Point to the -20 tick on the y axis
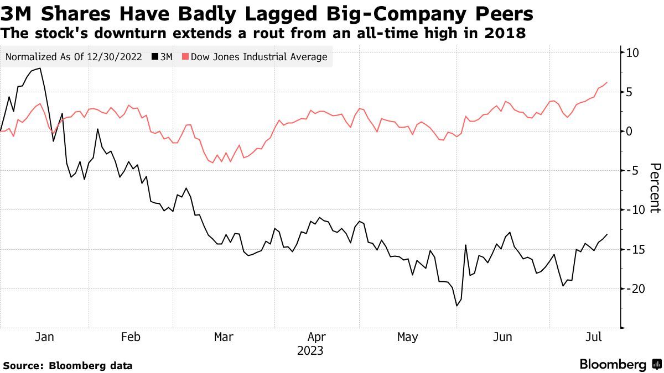pos(633,288)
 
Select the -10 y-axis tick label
pos(633,210)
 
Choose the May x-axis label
pos(408,337)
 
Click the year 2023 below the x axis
pos(310,351)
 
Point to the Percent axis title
pos(655,188)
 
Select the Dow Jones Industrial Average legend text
pos(259,57)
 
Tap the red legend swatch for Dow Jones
pos(186,57)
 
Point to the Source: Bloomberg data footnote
pos(68,365)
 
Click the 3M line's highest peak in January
pos(40,69)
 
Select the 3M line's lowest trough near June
pos(457,306)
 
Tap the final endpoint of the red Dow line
pos(607,82)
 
